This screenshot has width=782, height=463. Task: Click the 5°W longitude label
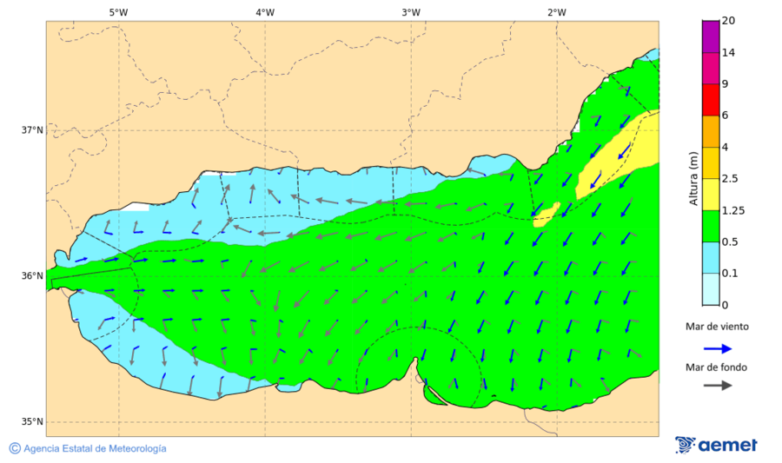[119, 12]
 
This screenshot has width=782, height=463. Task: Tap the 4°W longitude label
[265, 12]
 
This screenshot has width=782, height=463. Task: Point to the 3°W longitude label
[411, 12]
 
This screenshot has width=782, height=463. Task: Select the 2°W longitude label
[557, 12]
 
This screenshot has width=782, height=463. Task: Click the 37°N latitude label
[32, 130]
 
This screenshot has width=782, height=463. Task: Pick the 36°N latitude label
[32, 276]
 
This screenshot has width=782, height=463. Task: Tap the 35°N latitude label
[32, 422]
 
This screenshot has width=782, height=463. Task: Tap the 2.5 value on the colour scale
[731, 179]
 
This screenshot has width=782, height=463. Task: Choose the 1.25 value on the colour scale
[733, 210]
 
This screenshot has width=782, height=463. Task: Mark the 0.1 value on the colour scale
[731, 274]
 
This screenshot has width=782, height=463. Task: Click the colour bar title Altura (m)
[693, 178]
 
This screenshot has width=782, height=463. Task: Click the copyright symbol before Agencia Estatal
[15, 448]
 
